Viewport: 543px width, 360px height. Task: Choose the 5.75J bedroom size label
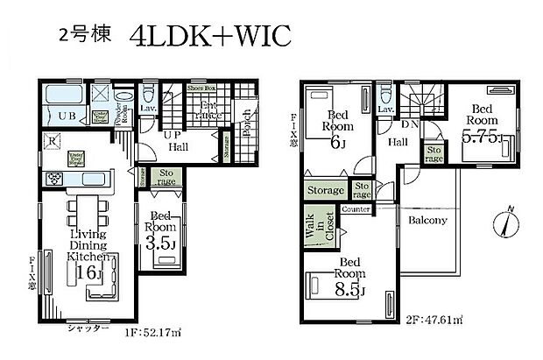point(481,137)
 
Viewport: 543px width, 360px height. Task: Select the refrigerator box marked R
point(54,140)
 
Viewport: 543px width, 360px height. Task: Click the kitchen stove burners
point(54,179)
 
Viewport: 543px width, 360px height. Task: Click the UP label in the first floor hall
point(173,137)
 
